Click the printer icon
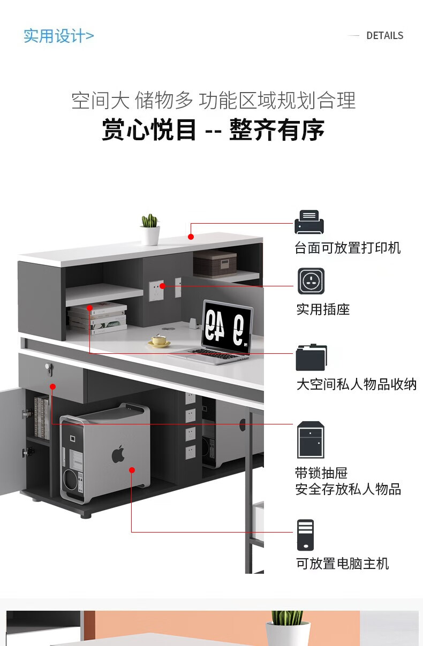pyautogui.click(x=309, y=222)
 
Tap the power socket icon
pyautogui.click(x=311, y=281)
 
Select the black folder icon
pyautogui.click(x=311, y=358)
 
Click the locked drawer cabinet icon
pyautogui.click(x=311, y=439)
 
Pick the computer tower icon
pyautogui.click(x=305, y=535)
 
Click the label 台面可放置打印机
pyautogui.click(x=348, y=248)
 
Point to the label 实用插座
pyautogui.click(x=323, y=309)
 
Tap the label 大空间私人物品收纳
pyautogui.click(x=356, y=384)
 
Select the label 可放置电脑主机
pyautogui.click(x=342, y=564)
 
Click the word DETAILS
pyautogui.click(x=384, y=36)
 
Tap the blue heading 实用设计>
pyautogui.click(x=58, y=36)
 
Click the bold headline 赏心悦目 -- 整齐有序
pyautogui.click(x=213, y=130)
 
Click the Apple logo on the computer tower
pyautogui.click(x=118, y=455)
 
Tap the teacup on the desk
pyautogui.click(x=158, y=340)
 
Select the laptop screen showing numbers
pyautogui.click(x=226, y=325)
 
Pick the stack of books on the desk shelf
pyautogui.click(x=97, y=318)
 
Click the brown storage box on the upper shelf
pyautogui.click(x=215, y=263)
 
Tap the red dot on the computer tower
pyautogui.click(x=132, y=470)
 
